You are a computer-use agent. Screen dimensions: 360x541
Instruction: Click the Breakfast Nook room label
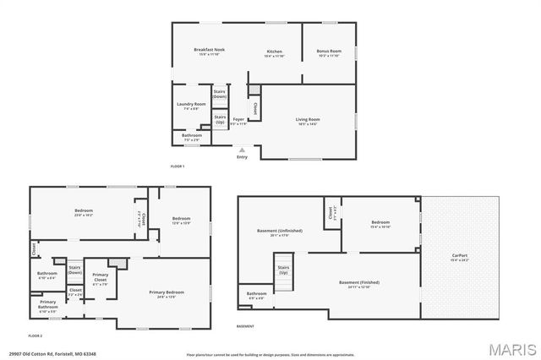[x=208, y=50]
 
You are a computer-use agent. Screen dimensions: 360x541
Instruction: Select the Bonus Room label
[x=329, y=52]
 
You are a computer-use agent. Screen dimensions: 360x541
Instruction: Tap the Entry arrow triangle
[x=242, y=150]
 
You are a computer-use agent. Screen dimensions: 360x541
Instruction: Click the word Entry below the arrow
[x=243, y=156]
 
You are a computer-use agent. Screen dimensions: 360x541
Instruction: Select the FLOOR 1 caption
[x=178, y=166]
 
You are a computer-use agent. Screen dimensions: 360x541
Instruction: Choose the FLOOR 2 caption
[x=36, y=336]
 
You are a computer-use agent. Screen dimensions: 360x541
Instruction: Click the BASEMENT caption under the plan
[x=245, y=326]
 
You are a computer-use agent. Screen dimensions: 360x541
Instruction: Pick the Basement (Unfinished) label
[x=279, y=230]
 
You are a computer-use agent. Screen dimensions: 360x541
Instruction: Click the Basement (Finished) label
[x=359, y=281]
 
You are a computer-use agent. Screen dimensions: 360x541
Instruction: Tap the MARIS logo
[x=509, y=349]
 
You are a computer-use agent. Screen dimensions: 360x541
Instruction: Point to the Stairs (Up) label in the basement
[x=283, y=270]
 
